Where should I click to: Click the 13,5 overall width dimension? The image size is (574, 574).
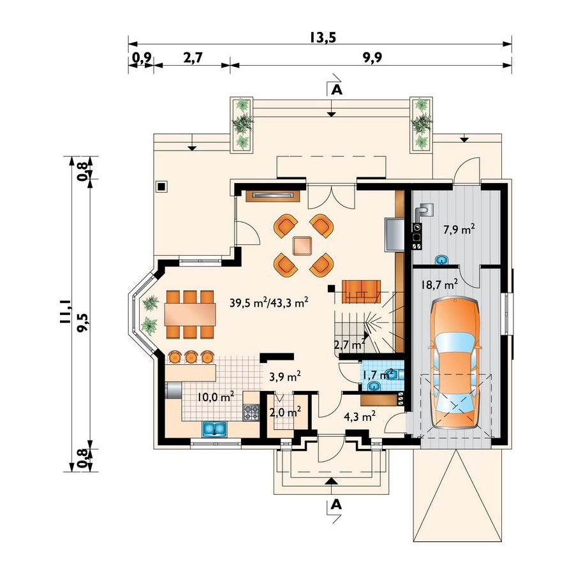point(323,38)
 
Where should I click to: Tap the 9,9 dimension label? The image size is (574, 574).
point(372,57)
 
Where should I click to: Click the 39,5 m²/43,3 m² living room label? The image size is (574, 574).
point(269,302)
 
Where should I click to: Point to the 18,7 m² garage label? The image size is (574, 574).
point(439,284)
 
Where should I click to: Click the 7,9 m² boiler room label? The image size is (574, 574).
point(459,230)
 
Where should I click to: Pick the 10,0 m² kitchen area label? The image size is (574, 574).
point(216,397)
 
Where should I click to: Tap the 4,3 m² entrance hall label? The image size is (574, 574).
point(360,416)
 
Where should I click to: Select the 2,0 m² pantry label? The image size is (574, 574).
point(285,413)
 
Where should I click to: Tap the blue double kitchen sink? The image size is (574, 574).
point(214,429)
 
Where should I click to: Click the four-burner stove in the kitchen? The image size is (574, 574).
point(251,412)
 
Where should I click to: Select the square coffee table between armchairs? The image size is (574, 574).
point(302,246)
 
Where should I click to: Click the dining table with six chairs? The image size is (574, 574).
point(190,314)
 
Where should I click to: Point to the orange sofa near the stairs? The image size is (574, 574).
point(361,291)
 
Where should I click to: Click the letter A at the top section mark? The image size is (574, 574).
point(336,90)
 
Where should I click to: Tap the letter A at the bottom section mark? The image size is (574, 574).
point(335,505)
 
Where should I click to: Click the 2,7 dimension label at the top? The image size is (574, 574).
point(193,57)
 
